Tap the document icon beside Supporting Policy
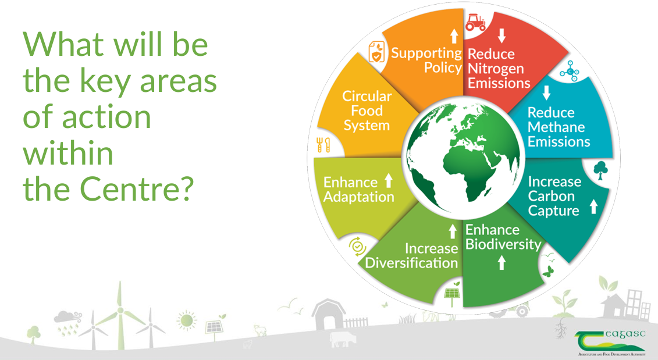tap(376, 52)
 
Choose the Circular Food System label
tap(367, 111)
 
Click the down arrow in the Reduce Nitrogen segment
tap(501, 36)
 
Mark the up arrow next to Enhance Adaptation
tap(389, 181)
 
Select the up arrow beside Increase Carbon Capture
tap(593, 206)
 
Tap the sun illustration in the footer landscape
tap(187, 320)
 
